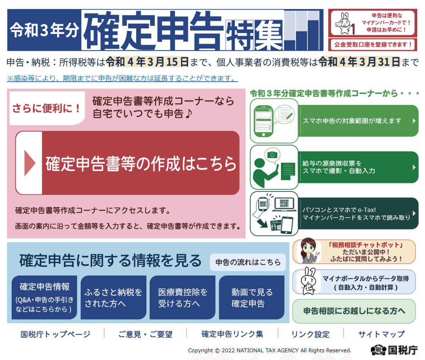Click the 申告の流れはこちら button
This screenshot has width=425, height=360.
click(x=248, y=262)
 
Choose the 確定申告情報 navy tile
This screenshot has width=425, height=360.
click(x=44, y=297)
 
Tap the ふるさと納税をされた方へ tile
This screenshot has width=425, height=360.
click(x=113, y=297)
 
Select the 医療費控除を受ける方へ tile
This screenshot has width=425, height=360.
click(x=182, y=297)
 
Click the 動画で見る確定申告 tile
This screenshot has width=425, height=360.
click(x=251, y=297)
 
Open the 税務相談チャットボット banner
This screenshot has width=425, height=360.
click(x=354, y=252)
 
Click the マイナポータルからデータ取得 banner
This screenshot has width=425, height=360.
click(x=354, y=282)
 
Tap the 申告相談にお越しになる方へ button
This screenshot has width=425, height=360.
click(x=354, y=311)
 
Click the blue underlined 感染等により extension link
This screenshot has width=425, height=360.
click(x=122, y=78)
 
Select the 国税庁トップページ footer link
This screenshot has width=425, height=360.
click(x=56, y=334)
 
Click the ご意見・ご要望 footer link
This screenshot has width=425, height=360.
click(x=145, y=334)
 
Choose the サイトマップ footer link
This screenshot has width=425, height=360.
click(x=381, y=334)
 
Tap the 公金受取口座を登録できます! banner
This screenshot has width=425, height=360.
click(x=373, y=45)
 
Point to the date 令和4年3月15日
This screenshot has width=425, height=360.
click(x=147, y=62)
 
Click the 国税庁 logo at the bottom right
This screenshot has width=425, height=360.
click(x=394, y=350)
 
